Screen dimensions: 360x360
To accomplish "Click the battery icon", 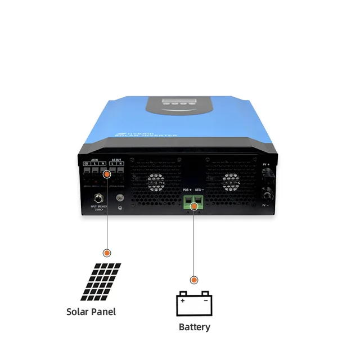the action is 194,304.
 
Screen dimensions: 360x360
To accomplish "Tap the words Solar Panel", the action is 91,312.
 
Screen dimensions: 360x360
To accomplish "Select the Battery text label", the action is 194,327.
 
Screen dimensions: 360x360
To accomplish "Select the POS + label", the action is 187,191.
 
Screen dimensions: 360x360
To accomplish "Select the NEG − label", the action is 200,191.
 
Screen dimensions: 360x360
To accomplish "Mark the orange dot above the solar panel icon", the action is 107,254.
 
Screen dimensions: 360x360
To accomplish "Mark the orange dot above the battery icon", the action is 194,280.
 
